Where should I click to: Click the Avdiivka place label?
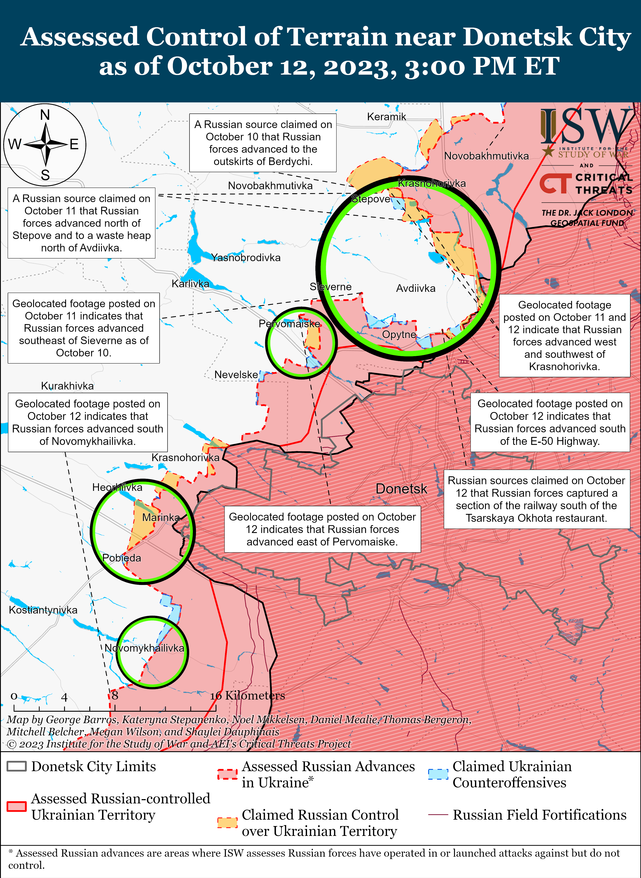point(416,288)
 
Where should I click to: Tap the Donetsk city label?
point(401,489)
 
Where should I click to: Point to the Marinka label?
point(161,517)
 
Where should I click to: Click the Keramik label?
point(387,117)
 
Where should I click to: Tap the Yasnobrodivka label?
point(246,257)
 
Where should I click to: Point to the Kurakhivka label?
point(68,386)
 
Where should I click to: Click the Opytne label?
point(399,335)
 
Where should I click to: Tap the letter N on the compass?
point(45,115)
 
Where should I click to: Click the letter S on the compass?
point(45,175)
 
